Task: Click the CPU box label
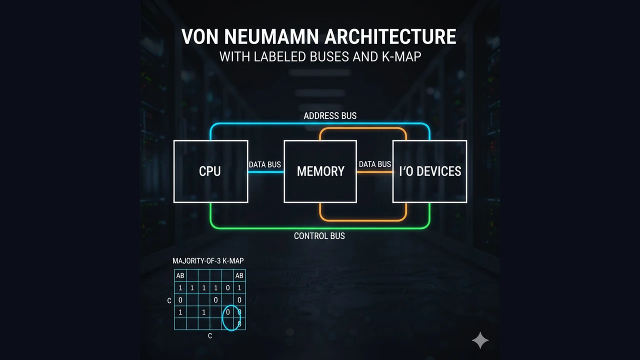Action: pos(210,171)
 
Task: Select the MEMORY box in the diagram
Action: pos(320,171)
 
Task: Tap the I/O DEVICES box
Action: pos(430,171)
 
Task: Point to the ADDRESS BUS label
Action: pos(330,115)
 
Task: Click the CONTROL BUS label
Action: pos(319,235)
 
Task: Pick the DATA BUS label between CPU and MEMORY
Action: pos(265,164)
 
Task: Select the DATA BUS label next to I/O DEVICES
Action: pos(374,164)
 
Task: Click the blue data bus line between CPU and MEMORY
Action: pos(265,172)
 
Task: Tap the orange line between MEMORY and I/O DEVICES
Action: pos(374,172)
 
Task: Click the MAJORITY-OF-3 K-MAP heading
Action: pos(208,261)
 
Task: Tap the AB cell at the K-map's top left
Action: pos(180,276)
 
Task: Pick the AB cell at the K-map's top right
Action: pos(239,276)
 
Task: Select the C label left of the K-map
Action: pos(169,300)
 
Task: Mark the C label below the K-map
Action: pos(210,336)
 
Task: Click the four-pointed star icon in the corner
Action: pos(480,340)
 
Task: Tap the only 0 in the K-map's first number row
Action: pos(227,288)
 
